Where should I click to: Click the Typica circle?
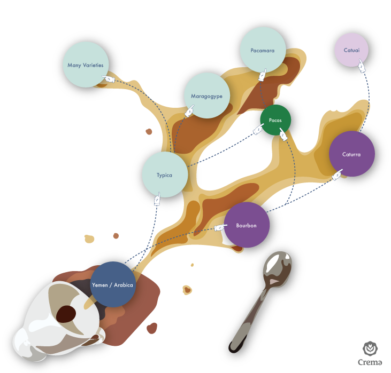click(x=165, y=174)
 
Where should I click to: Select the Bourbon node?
click(x=246, y=225)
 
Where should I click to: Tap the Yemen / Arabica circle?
click(x=112, y=284)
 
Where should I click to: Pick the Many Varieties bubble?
click(x=86, y=65)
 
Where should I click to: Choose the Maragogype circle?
click(x=206, y=96)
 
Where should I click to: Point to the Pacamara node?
click(x=263, y=50)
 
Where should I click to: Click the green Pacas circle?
click(x=275, y=120)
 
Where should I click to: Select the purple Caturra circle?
click(x=351, y=154)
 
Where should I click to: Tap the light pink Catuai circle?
click(x=351, y=50)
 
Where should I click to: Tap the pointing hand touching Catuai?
click(x=362, y=66)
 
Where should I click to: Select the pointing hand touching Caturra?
click(x=338, y=174)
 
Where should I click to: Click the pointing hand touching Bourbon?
click(x=220, y=228)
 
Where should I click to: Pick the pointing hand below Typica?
click(x=157, y=200)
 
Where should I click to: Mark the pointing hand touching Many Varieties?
click(x=109, y=79)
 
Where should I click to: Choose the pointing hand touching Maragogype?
click(x=189, y=112)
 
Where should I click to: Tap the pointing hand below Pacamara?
click(x=262, y=75)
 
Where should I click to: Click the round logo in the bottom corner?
click(x=370, y=350)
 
